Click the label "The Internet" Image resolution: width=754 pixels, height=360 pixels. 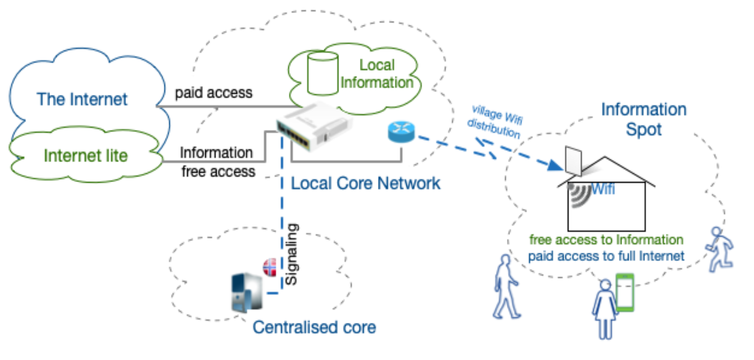[82, 99]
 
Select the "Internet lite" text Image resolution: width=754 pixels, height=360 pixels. [86, 155]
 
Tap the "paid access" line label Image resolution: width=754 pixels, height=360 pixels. [214, 93]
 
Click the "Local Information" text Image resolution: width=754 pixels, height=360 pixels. [377, 74]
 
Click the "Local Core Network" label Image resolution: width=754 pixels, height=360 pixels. [366, 183]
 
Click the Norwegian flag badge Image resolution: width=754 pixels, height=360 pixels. [269, 267]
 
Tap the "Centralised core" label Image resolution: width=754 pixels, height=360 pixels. [314, 327]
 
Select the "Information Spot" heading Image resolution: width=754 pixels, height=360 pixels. [644, 119]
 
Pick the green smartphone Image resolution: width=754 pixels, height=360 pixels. [625, 292]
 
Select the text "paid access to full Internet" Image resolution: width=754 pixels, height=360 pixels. [606, 255]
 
